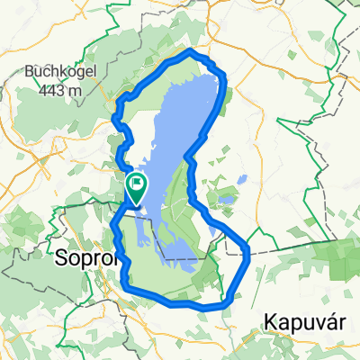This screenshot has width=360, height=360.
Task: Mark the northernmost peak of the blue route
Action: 190,53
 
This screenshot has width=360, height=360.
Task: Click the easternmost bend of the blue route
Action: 247,256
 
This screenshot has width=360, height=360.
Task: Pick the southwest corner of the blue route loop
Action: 126,286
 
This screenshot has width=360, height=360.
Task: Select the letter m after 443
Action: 72,90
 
